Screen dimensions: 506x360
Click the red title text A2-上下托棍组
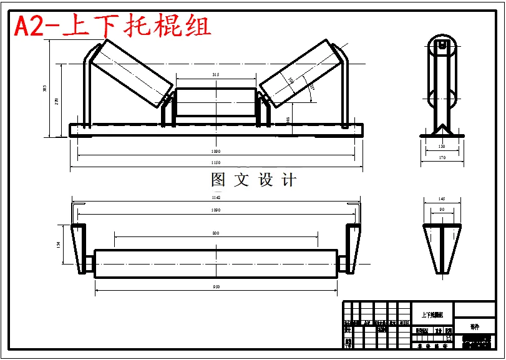coord(112,26)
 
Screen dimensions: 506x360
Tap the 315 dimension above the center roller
coord(216,74)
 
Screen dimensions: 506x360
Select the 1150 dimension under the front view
coord(216,163)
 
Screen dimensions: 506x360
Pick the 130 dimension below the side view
coord(442,147)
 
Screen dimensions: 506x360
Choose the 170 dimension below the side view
coord(442,158)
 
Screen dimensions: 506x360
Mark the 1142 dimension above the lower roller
coord(216,197)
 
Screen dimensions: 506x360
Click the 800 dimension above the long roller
coord(216,233)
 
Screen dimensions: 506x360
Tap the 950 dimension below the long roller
coord(216,286)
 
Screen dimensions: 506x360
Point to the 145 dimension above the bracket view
coord(442,199)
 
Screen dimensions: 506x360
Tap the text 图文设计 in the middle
coord(253,180)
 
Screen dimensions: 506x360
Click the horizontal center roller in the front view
coord(216,104)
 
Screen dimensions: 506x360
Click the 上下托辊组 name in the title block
coord(432,315)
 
